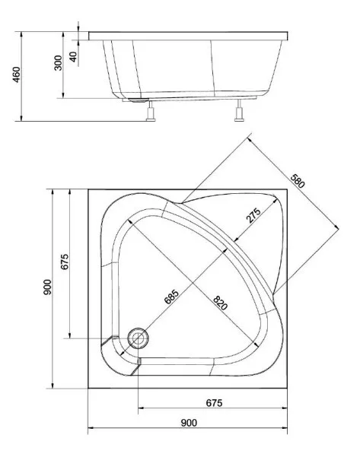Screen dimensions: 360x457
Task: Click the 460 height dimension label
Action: [17, 75]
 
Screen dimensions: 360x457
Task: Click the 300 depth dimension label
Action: [59, 62]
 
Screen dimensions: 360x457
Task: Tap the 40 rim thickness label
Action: [73, 56]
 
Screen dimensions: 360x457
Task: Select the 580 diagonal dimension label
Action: [298, 181]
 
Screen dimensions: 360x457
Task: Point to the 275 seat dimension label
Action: [253, 216]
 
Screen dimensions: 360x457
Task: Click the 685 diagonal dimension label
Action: [171, 297]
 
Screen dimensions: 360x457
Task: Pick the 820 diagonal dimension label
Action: [220, 303]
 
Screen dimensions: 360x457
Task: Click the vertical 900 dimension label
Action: [47, 287]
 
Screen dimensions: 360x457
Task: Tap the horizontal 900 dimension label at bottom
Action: [189, 423]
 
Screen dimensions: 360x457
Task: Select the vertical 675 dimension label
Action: [65, 262]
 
